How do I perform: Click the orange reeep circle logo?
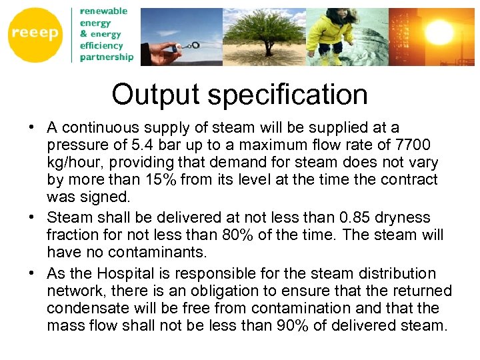pos(35,35)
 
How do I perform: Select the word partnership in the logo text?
pos(107,57)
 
